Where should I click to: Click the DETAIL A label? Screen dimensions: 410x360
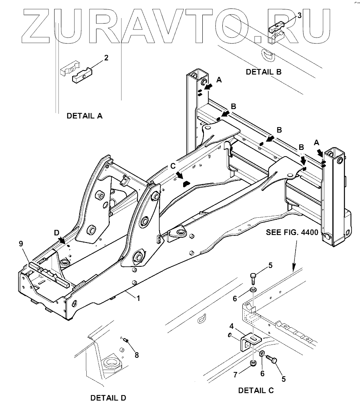(84, 116)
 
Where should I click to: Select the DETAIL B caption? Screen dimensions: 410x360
(264, 72)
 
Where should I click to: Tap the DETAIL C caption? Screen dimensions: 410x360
(256, 390)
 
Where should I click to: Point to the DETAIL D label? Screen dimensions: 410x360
(108, 398)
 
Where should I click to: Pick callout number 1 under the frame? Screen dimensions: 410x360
(138, 298)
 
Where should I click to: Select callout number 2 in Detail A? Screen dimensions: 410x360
(106, 58)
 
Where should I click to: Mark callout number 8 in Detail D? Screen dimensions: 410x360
(136, 355)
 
